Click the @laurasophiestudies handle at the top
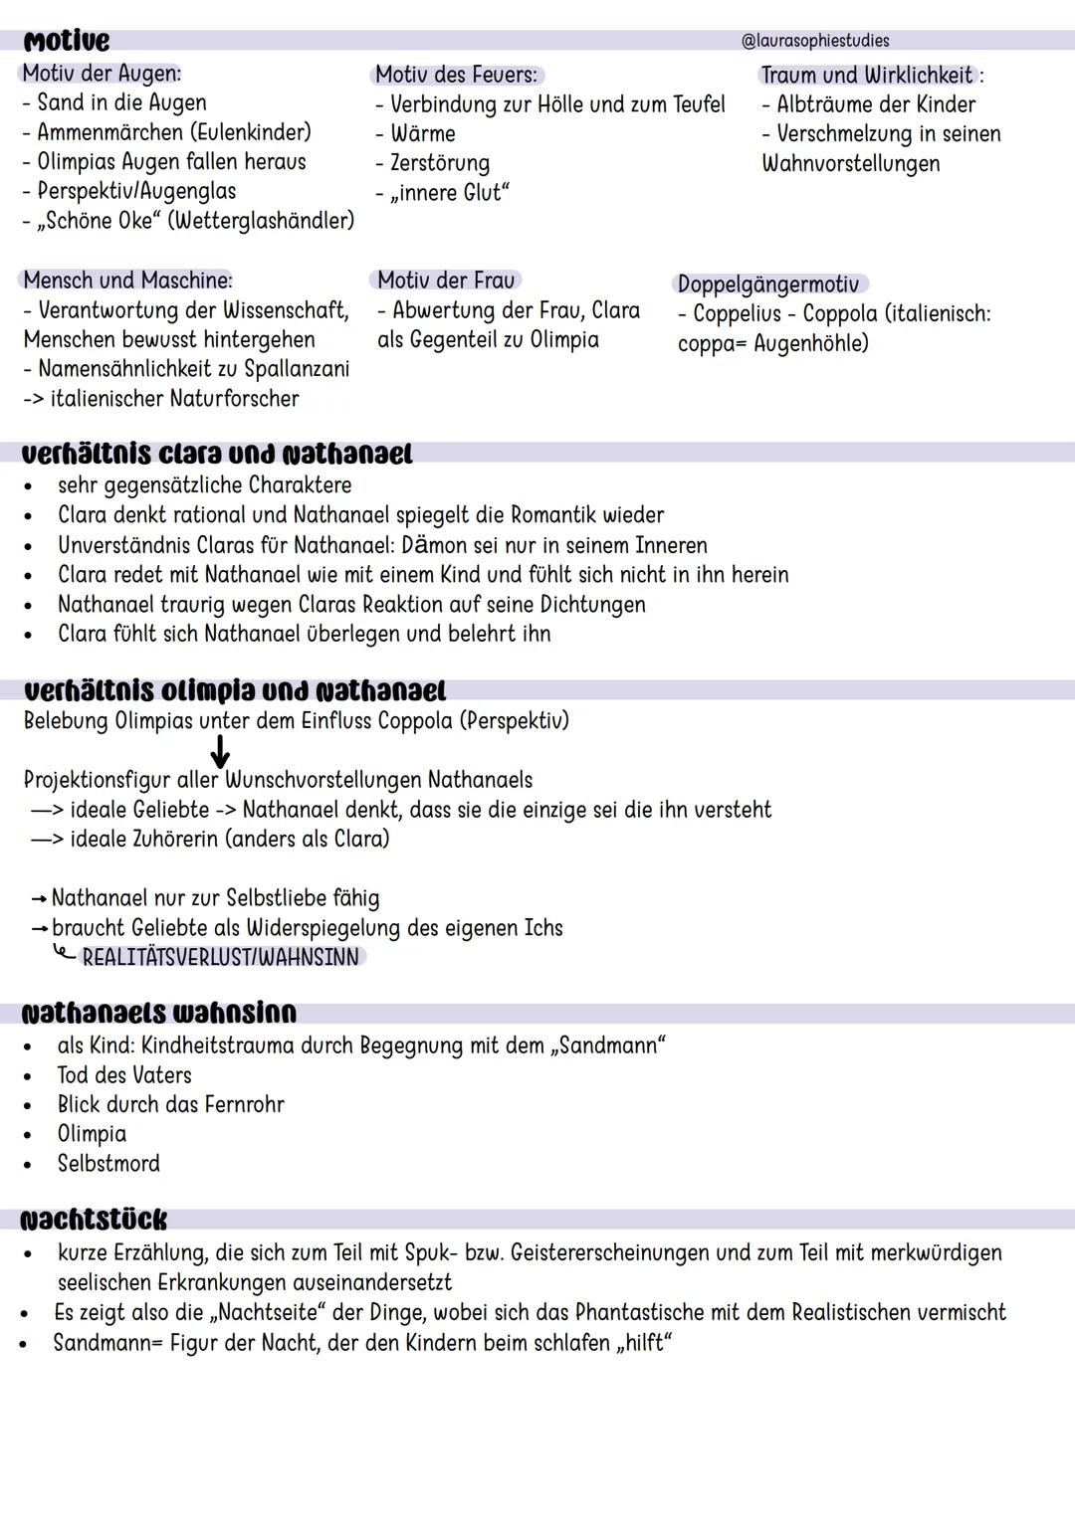tap(815, 41)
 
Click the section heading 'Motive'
tap(66, 41)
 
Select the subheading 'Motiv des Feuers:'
tap(457, 75)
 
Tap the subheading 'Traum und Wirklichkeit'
tap(867, 75)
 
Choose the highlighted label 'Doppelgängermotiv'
tap(767, 285)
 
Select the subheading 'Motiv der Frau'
tap(445, 281)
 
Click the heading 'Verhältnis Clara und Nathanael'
tap(217, 454)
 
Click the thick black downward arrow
tap(220, 751)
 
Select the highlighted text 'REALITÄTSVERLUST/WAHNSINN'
tap(220, 957)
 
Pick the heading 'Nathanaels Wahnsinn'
tap(159, 1013)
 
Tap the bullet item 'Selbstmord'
tap(108, 1163)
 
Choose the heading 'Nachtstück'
tap(95, 1220)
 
